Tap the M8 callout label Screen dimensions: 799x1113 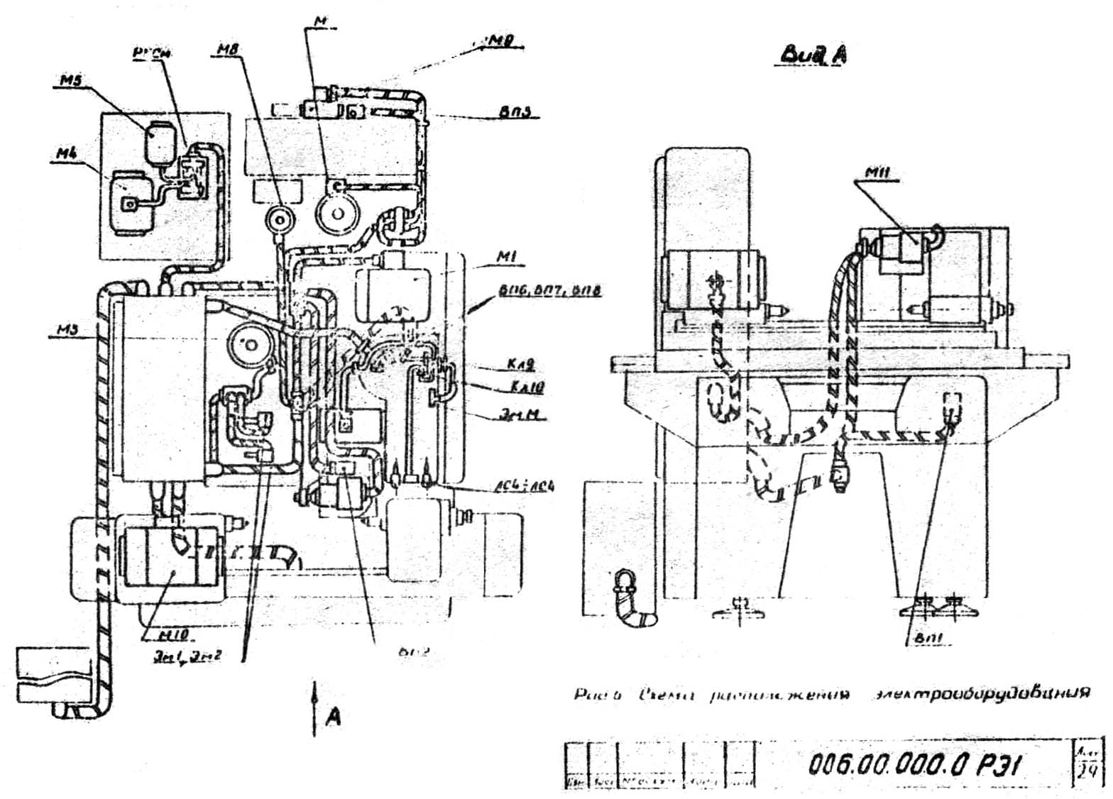point(230,50)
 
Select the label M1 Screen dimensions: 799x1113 point(505,258)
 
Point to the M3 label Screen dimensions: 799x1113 point(68,329)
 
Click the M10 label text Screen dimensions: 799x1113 point(170,632)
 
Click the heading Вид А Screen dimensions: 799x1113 point(813,55)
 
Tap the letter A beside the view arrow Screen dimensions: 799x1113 point(332,717)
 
